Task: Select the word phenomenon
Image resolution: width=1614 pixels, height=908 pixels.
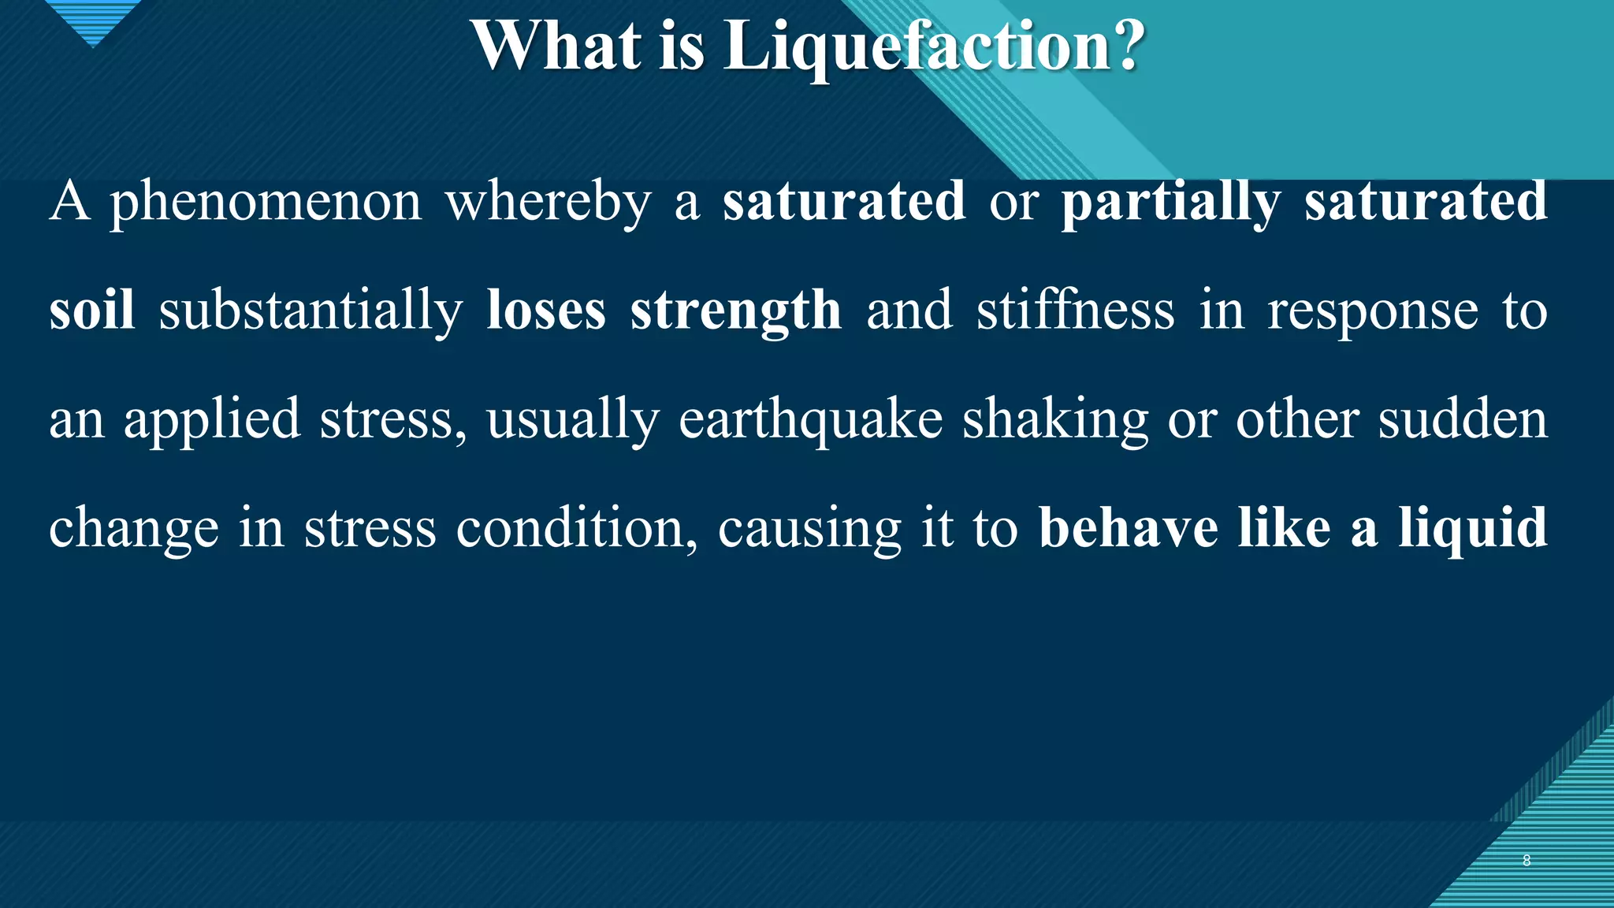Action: pos(266,203)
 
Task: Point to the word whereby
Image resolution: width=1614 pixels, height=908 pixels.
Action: pos(549,203)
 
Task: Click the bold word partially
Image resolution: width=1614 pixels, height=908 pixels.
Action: pos(1171,203)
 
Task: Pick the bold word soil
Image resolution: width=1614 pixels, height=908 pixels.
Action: pos(91,310)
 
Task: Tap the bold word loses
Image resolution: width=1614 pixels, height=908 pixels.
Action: pos(546,310)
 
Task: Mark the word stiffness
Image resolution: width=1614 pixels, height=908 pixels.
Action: pos(1075,310)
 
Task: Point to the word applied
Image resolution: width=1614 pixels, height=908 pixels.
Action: pos(212,420)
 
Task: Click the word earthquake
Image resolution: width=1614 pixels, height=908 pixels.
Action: pos(810,420)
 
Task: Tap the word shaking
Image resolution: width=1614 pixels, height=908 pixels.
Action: pos(1055,420)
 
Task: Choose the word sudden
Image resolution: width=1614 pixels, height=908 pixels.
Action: pos(1463,419)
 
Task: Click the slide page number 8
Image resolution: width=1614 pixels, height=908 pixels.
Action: pos(1527,861)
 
